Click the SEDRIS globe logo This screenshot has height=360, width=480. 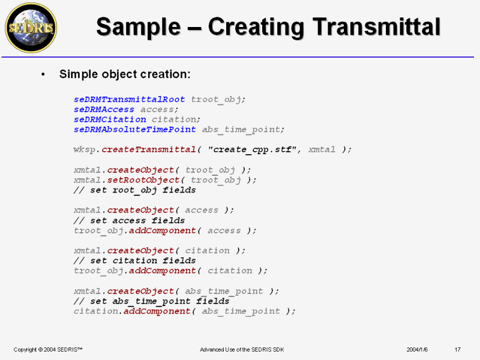click(x=31, y=28)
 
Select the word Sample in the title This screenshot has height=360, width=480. click(x=139, y=28)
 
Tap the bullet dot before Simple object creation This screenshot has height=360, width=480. click(x=43, y=74)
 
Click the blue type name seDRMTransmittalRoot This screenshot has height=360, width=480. click(x=129, y=100)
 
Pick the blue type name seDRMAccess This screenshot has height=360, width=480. click(x=104, y=110)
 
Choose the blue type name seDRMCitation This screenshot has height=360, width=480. click(x=110, y=119)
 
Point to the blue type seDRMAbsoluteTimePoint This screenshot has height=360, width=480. click(x=134, y=130)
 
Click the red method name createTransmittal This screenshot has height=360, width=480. click(x=149, y=149)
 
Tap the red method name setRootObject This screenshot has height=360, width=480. click(x=143, y=180)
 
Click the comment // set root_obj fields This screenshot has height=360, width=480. click(x=134, y=190)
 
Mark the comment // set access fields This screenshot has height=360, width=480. click(x=129, y=220)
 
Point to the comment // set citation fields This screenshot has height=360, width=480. click(x=134, y=260)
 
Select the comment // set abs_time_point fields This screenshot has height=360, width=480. click(x=152, y=301)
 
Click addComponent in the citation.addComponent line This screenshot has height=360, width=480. click(x=157, y=311)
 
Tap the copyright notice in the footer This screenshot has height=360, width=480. click(x=48, y=350)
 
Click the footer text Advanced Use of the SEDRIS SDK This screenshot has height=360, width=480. click(x=242, y=350)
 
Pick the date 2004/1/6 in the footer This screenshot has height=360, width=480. click(x=417, y=350)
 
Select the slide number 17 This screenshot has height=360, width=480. click(x=457, y=350)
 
